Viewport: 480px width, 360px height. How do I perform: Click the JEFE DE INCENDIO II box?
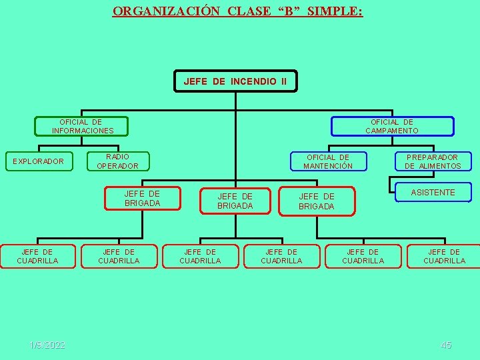pyautogui.click(x=235, y=81)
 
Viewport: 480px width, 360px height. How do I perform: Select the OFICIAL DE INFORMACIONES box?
pyautogui.click(x=81, y=126)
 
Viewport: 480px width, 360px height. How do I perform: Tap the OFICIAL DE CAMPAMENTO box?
pyautogui.click(x=392, y=126)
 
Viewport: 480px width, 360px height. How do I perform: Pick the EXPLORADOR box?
pyautogui.click(x=39, y=161)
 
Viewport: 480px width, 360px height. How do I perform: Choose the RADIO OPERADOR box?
pyautogui.click(x=118, y=161)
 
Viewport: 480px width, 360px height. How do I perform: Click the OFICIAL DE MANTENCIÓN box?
pyautogui.click(x=328, y=161)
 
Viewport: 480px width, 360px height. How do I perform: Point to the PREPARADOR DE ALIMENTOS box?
pyautogui.click(x=433, y=161)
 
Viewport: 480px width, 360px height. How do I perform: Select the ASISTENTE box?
pyautogui.click(x=433, y=193)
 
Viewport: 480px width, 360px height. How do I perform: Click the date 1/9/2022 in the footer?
pyautogui.click(x=47, y=345)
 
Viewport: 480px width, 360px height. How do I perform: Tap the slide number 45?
pyautogui.click(x=446, y=345)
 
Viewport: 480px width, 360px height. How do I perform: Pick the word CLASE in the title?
pyautogui.click(x=249, y=11)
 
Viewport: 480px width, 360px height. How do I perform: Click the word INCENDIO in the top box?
pyautogui.click(x=253, y=81)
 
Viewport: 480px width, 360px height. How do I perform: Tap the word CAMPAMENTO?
pyautogui.click(x=392, y=131)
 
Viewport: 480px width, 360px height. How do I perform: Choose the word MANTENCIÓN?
pyautogui.click(x=328, y=166)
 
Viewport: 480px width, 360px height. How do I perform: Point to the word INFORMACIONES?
pyautogui.click(x=83, y=131)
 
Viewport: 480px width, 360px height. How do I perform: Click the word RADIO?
pyautogui.click(x=118, y=157)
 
